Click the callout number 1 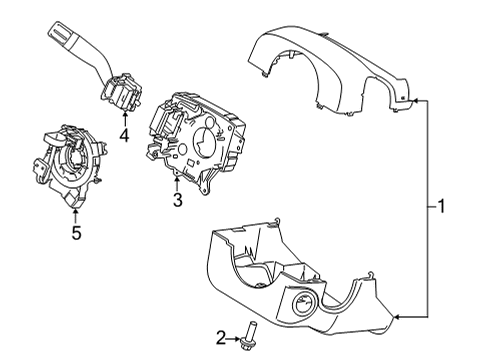[439, 207]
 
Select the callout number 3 [177, 201]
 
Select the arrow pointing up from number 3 [177, 183]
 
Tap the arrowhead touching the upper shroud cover [411, 101]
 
